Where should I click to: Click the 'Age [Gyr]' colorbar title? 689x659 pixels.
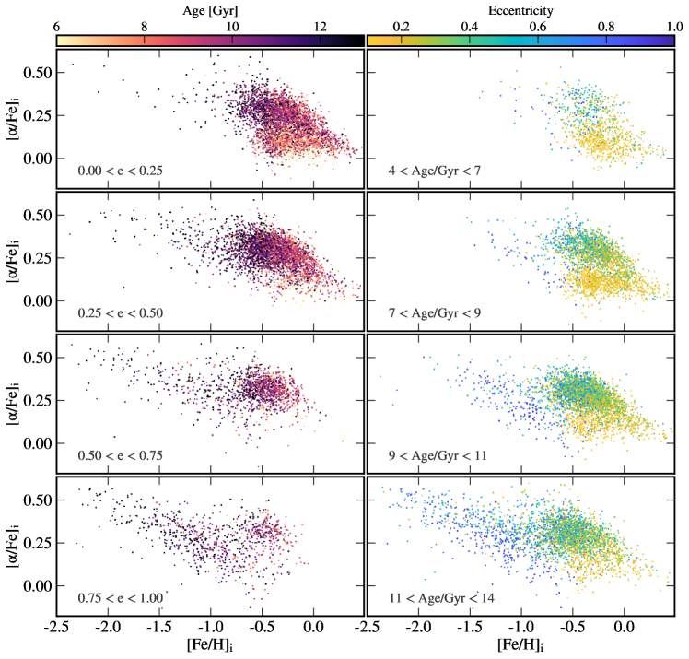coord(210,10)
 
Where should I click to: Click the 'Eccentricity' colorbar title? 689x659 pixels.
coord(520,10)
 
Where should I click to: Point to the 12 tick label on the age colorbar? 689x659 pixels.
coord(320,28)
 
